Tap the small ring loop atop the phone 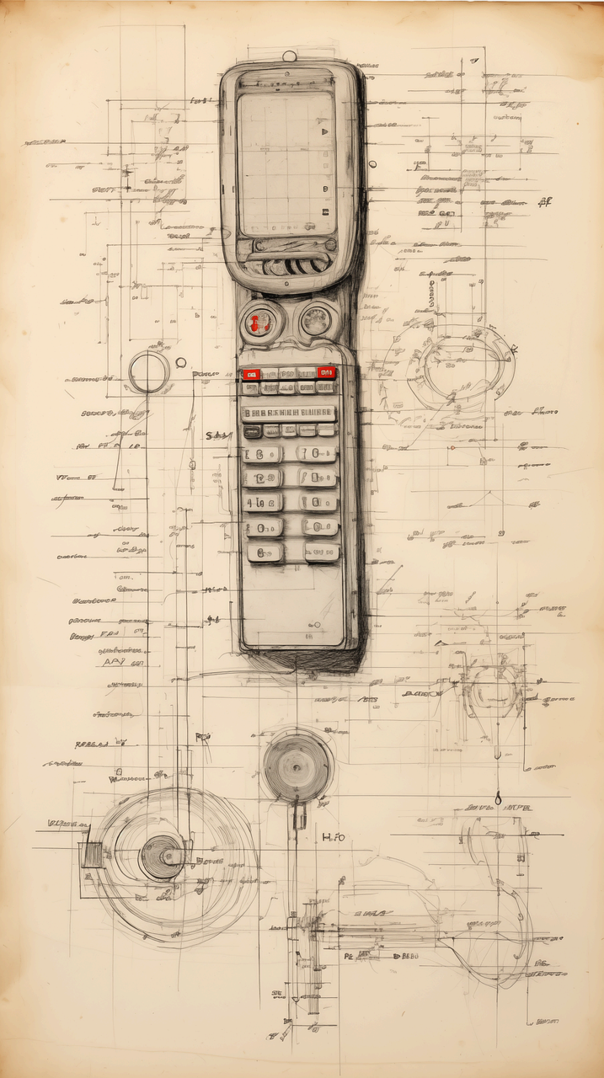pos(289,56)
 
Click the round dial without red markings pos(316,320)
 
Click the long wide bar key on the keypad pos(288,413)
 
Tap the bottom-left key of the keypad pos(265,552)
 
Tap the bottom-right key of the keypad pos(322,552)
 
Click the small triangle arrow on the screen pos(323,132)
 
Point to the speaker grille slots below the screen pos(295,266)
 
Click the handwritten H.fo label pos(334,837)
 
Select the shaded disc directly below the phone pos(297,766)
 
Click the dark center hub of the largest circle pos(161,857)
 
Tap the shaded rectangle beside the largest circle pos(91,855)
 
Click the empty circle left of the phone pos(149,372)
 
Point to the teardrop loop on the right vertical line pos(498,797)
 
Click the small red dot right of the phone pos(452,448)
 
